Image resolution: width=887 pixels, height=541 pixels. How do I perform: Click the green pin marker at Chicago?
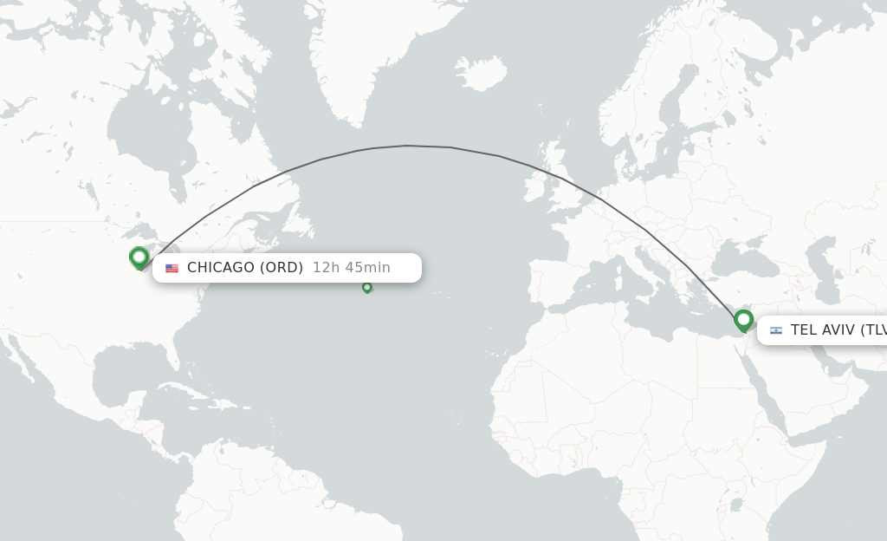point(139,257)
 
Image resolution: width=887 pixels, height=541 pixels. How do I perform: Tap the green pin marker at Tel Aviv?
point(743,321)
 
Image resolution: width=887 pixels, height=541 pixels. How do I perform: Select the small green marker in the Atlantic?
point(366,287)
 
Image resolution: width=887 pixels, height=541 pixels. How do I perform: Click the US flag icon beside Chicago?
point(172,268)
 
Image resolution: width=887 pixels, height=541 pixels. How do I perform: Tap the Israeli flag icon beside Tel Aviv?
point(775,330)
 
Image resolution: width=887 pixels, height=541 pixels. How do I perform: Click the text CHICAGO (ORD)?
point(245,267)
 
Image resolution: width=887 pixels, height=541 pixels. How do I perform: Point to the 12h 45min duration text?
point(352,267)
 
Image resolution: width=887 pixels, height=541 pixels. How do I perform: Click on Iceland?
point(481,72)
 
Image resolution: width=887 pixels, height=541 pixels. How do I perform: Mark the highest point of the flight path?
point(407,146)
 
